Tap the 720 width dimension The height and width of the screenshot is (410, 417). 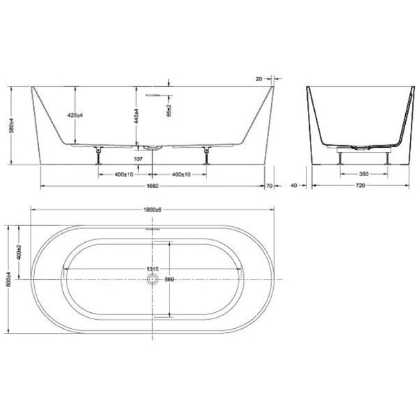[358, 185]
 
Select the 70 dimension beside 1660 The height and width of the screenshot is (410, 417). [271, 185]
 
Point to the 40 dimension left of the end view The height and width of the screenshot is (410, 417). [295, 185]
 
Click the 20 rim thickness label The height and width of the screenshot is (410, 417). [260, 78]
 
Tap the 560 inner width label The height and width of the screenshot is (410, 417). [167, 280]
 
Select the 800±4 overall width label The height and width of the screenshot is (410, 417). [8, 279]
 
